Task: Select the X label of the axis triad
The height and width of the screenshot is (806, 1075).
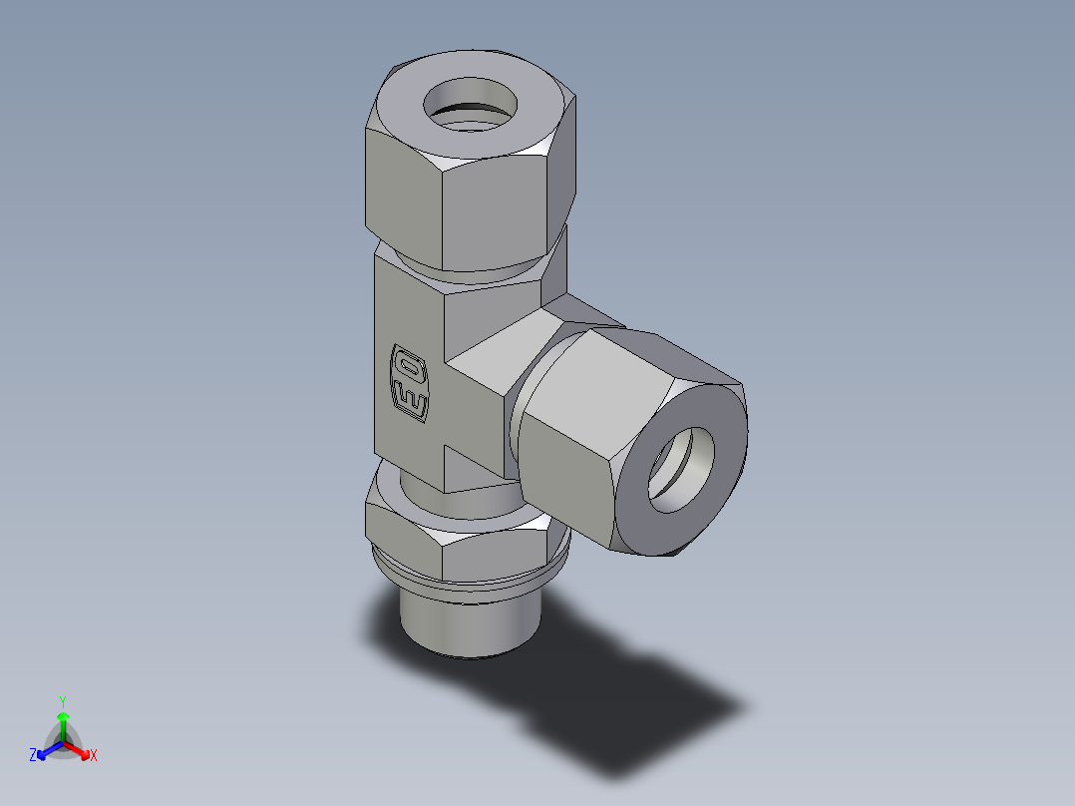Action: click(x=94, y=756)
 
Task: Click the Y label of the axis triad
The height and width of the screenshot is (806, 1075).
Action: click(x=63, y=701)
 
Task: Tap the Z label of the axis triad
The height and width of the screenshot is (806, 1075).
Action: click(x=33, y=755)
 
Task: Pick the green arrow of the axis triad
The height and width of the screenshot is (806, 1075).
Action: click(x=63, y=722)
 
